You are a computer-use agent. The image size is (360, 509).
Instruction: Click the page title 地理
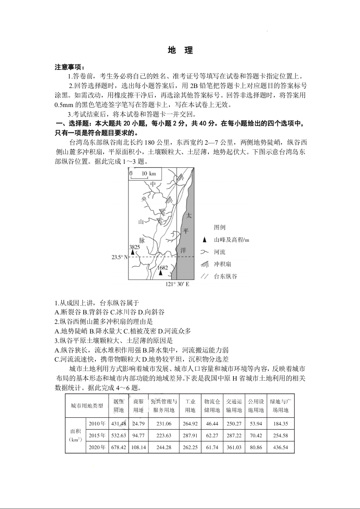180,50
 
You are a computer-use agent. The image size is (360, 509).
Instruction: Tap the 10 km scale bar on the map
143,174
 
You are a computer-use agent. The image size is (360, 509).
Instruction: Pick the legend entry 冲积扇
225,264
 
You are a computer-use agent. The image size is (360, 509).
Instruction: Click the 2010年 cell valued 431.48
118,424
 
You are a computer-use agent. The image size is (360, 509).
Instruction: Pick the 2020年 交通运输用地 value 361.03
234,447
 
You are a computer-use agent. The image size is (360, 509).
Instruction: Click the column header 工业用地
190,406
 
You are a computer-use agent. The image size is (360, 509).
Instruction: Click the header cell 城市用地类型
87,406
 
